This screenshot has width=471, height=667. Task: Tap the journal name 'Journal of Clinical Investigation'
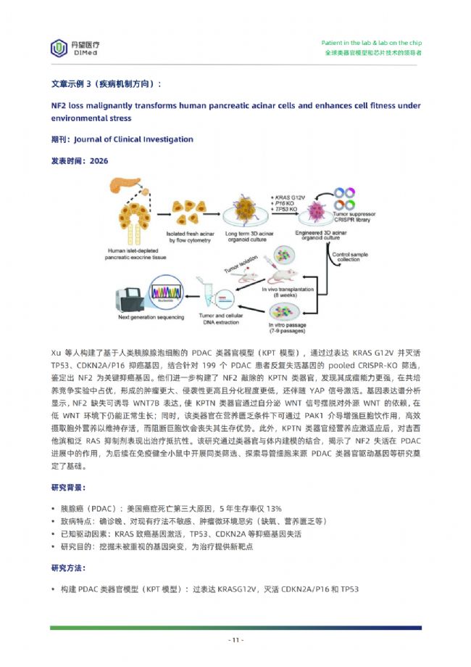pyautogui.click(x=133, y=139)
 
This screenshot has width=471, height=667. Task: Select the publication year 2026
pyautogui.click(x=99, y=161)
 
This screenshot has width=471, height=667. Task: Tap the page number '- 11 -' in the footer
pyautogui.click(x=236, y=640)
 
